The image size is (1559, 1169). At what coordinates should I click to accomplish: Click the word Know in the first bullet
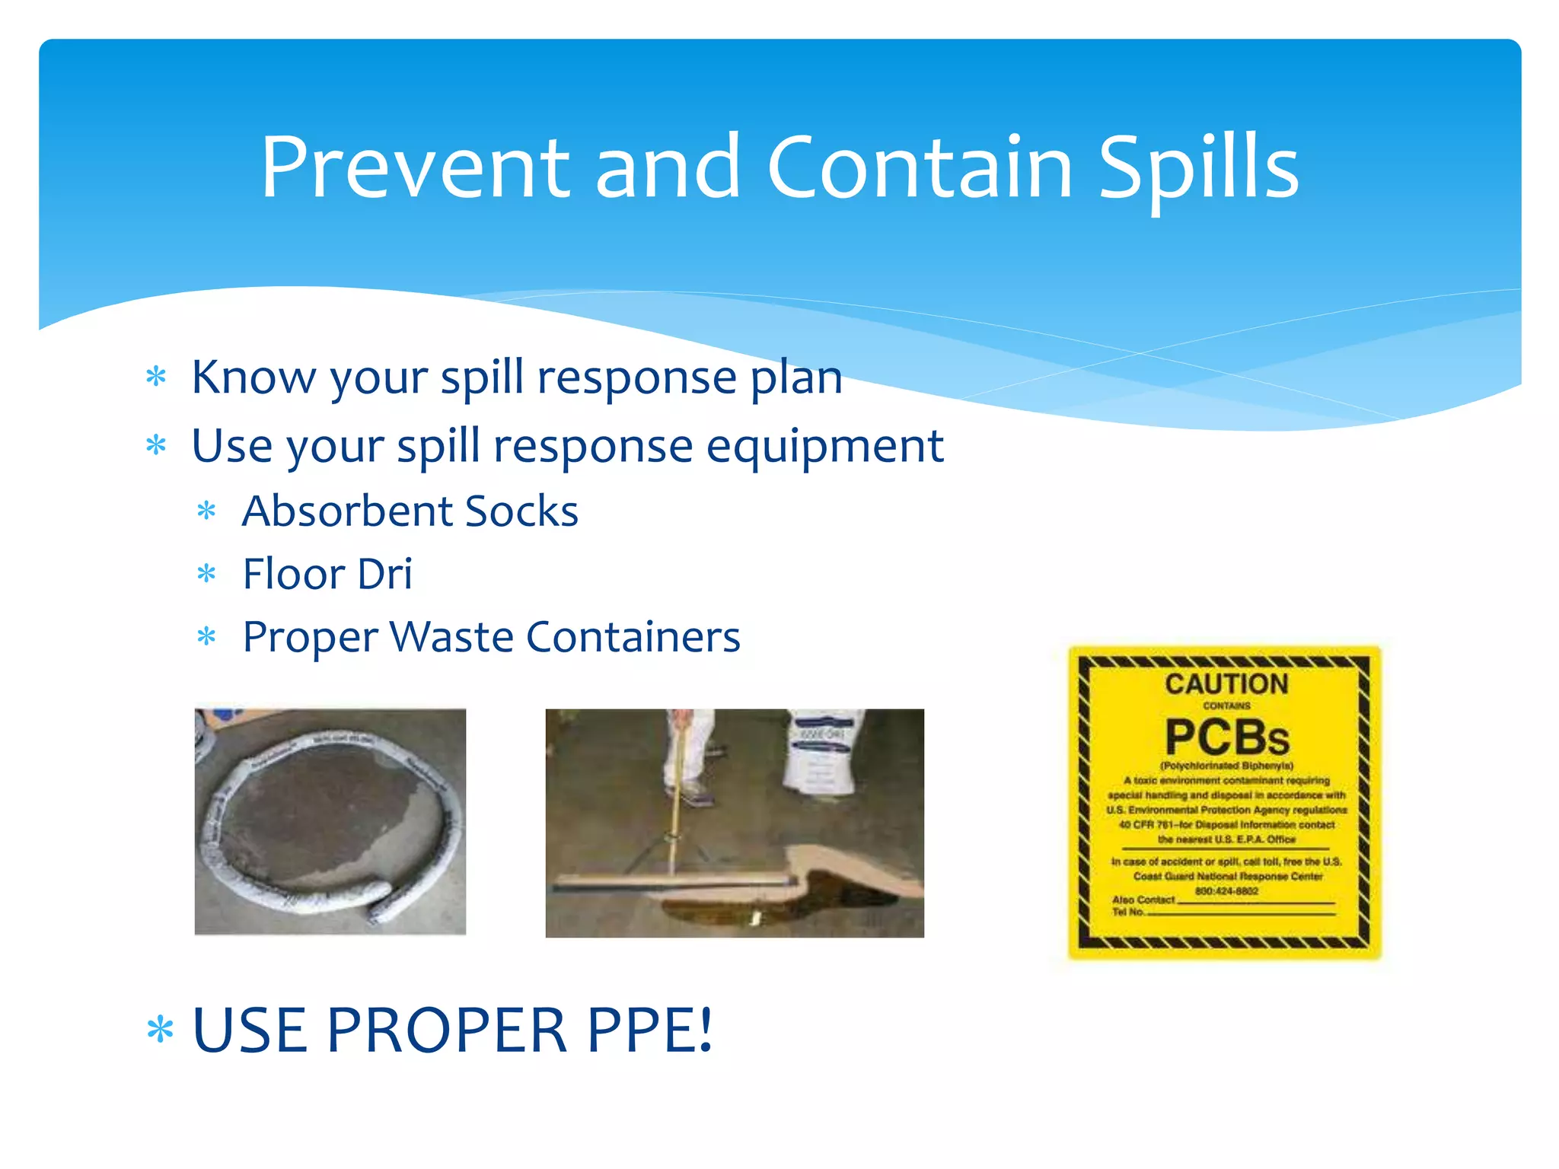coord(253,377)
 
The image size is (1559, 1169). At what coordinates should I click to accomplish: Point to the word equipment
coord(824,446)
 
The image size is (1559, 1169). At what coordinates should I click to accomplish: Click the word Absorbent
coord(346,511)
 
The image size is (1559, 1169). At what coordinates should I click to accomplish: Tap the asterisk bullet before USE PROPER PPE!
coord(160,1030)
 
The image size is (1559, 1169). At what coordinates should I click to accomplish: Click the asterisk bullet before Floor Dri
coord(206,574)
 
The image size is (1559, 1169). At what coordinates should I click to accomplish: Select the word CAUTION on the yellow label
coord(1226,683)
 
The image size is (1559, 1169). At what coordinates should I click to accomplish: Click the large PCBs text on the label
coord(1226,737)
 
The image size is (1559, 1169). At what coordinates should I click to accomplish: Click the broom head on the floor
coord(674,883)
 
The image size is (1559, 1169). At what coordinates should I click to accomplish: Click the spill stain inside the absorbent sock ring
coord(327,822)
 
